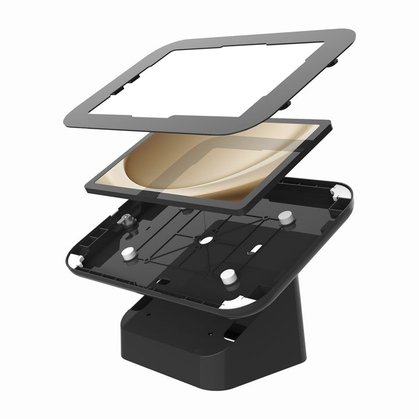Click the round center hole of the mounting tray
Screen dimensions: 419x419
coord(205,240)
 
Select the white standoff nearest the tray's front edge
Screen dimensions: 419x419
coord(228,276)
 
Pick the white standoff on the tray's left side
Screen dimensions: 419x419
coord(127,254)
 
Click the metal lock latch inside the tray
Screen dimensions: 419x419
coord(125,221)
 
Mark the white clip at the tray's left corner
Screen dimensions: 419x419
coord(74,262)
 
